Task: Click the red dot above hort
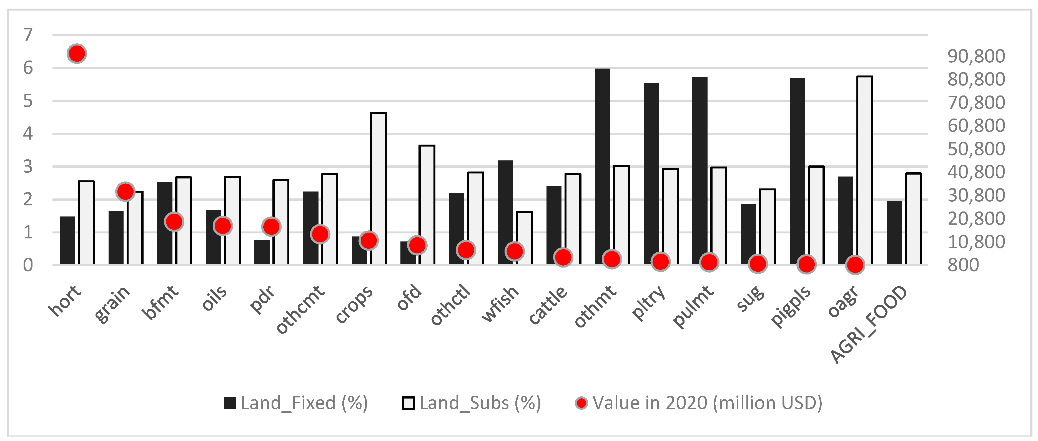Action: tap(77, 53)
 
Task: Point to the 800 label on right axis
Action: tap(963, 265)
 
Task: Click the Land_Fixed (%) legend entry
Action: tap(296, 403)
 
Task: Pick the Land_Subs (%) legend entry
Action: tap(472, 403)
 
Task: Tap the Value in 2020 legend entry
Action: tap(699, 403)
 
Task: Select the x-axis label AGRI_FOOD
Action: tap(868, 324)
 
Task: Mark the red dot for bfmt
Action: tap(174, 221)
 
